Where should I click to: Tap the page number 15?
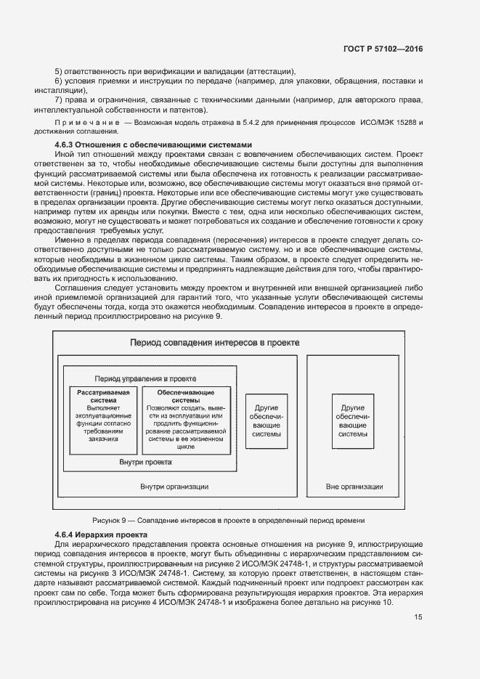(x=418, y=617)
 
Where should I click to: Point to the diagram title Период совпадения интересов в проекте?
(x=214, y=342)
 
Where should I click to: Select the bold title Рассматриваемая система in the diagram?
(x=103, y=396)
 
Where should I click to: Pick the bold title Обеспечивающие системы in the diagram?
(x=187, y=396)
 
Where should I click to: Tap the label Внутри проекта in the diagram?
(x=145, y=462)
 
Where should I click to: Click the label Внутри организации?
(x=174, y=487)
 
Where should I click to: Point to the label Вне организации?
(x=354, y=487)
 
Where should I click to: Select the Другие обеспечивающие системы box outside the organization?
(x=352, y=421)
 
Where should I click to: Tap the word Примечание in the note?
(x=86, y=123)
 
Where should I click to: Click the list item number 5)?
(x=59, y=71)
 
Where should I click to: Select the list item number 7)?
(x=59, y=99)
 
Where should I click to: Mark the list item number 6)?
(x=59, y=81)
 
